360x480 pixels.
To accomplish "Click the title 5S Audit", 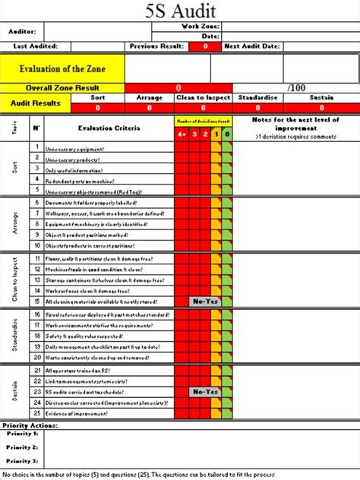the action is point(181,11).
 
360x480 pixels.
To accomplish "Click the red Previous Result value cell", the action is point(204,47).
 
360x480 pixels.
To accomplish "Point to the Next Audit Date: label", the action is point(251,47).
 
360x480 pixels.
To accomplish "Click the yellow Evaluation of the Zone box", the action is point(62,68).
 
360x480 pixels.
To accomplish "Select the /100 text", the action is point(297,88).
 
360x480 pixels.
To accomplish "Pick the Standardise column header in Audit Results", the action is point(259,98).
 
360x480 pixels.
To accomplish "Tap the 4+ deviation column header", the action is point(181,134).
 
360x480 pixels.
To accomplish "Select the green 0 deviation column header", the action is point(227,134).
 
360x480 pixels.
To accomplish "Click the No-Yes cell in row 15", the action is point(204,302).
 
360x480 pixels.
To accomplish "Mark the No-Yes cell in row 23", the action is point(204,392).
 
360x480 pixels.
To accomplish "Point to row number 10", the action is point(36,246).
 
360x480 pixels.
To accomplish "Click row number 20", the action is point(36,357).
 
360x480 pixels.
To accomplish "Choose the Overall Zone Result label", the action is point(62,88).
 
